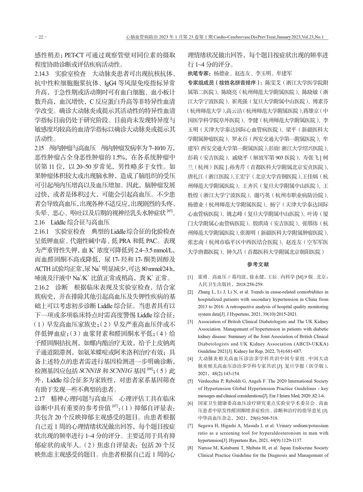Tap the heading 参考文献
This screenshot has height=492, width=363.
258,265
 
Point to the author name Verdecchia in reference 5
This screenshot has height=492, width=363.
210,381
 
